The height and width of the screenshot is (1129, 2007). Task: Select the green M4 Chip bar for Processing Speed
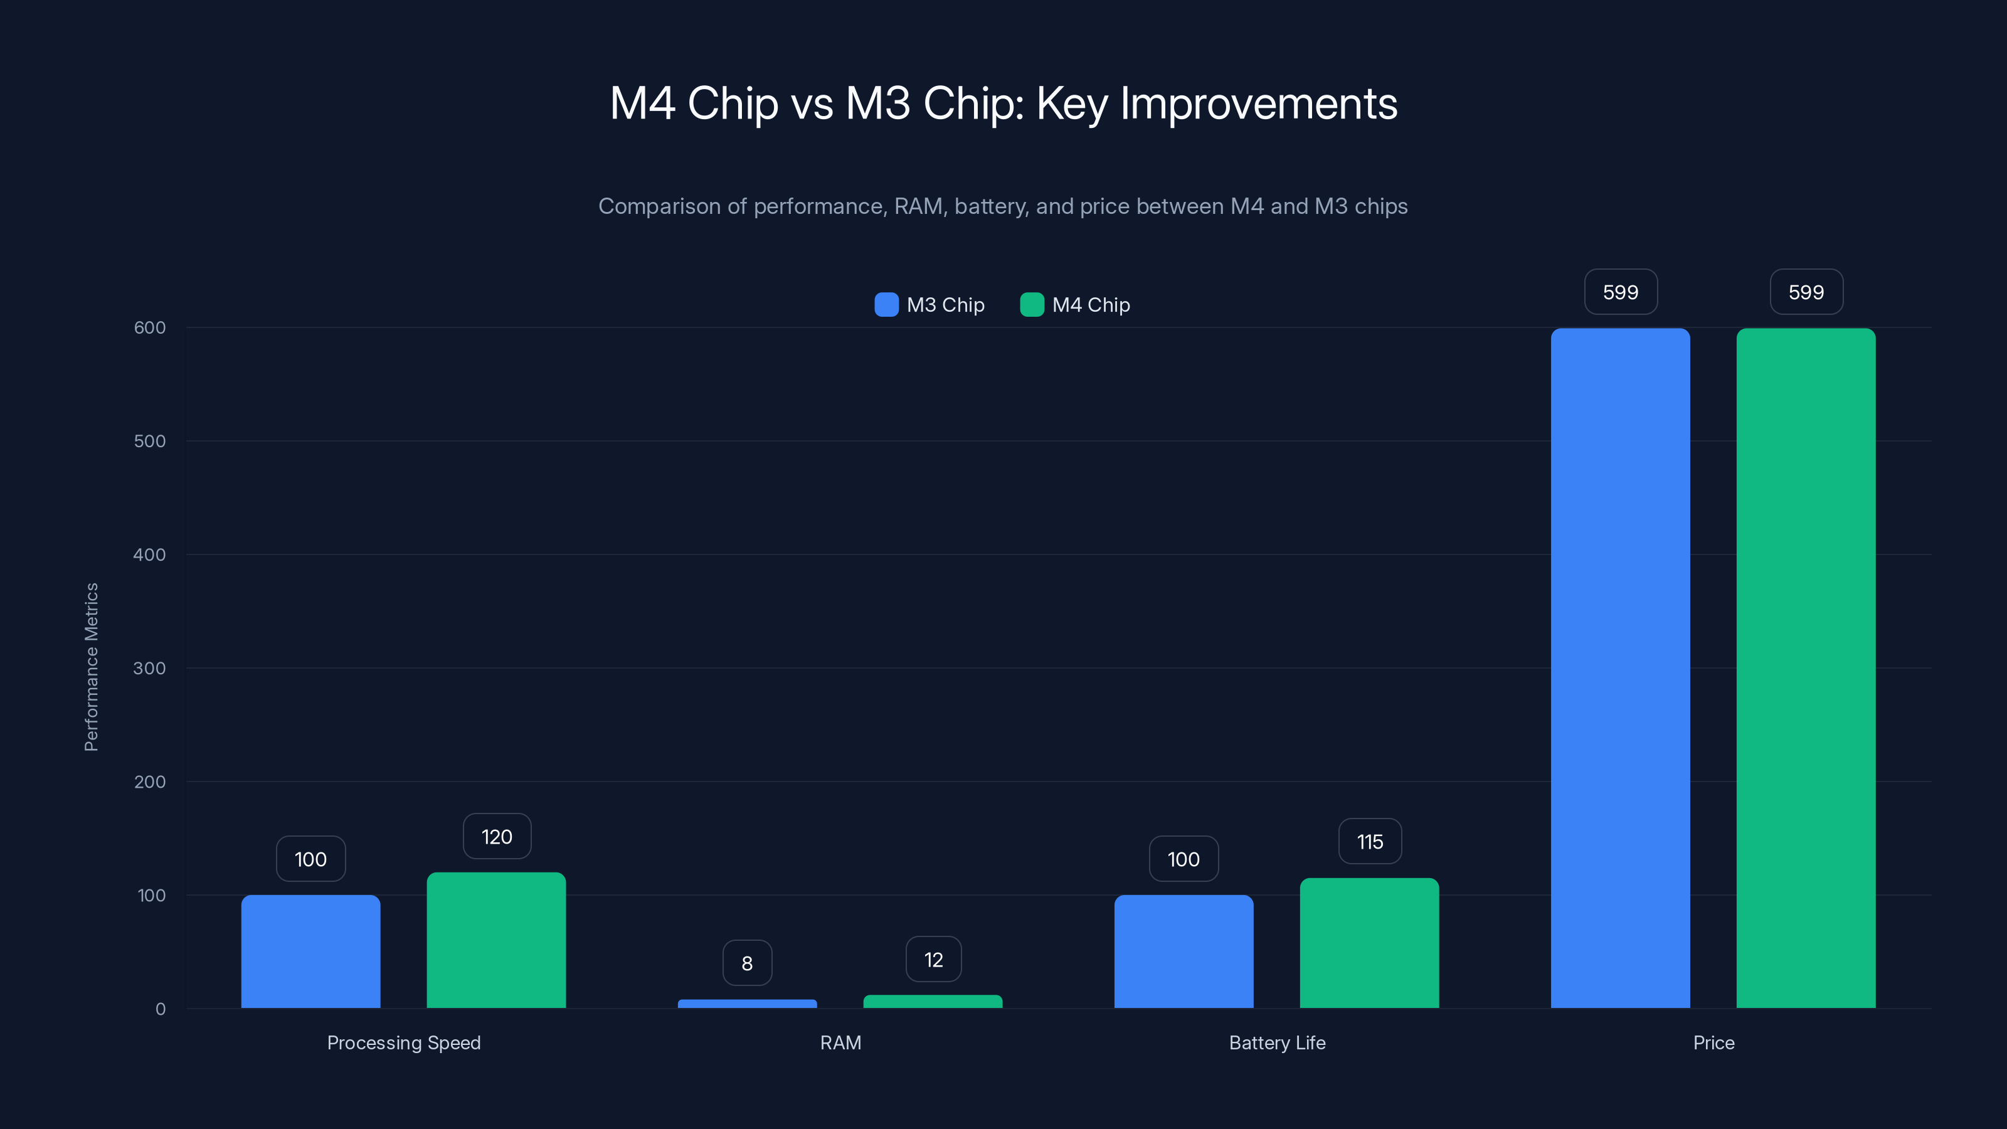tap(496, 940)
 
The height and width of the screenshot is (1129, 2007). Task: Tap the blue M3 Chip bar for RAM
tap(747, 1004)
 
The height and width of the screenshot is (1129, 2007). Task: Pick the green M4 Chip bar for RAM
tap(933, 1001)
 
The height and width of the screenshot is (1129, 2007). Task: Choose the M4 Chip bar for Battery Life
tap(1369, 943)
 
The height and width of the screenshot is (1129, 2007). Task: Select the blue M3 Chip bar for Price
tap(1620, 668)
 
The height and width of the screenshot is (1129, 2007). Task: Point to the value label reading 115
tap(1370, 842)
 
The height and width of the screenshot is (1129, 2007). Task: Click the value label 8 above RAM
tap(747, 963)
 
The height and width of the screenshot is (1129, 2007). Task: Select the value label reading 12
tap(933, 959)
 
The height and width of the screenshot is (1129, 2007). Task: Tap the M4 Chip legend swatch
tap(1032, 305)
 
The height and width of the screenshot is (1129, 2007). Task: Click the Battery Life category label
tap(1277, 1042)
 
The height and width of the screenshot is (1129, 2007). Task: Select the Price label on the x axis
tap(1713, 1042)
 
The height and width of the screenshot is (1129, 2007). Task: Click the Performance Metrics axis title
tap(91, 667)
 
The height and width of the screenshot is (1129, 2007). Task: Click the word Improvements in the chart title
tap(1258, 103)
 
